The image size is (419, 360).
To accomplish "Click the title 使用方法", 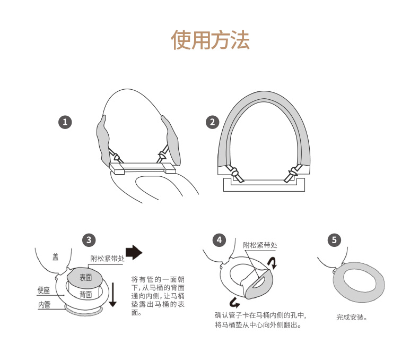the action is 210,40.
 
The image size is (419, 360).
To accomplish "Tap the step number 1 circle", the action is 65,122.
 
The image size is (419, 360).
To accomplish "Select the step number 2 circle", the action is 213,122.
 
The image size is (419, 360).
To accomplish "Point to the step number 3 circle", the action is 89,240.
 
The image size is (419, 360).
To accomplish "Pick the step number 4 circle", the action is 219,240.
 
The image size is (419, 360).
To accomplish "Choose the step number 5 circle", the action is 334,240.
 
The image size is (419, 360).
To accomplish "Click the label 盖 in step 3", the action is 55,257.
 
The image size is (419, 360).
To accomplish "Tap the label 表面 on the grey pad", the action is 86,278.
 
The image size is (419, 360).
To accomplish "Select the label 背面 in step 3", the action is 86,295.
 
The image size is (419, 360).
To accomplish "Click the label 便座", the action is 43,290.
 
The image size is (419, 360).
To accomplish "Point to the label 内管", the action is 45,305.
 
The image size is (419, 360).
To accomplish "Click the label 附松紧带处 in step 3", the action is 108,259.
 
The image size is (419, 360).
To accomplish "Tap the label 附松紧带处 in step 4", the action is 260,245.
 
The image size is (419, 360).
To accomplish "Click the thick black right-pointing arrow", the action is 134,252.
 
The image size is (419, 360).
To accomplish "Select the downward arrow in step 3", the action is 113,295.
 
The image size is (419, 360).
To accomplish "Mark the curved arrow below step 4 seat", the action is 234,303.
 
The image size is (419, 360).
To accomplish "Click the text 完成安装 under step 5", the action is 352,318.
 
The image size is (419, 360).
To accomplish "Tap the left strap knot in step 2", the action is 234,172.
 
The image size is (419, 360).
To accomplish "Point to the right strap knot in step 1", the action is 162,155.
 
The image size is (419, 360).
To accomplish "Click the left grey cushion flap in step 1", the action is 103,139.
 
